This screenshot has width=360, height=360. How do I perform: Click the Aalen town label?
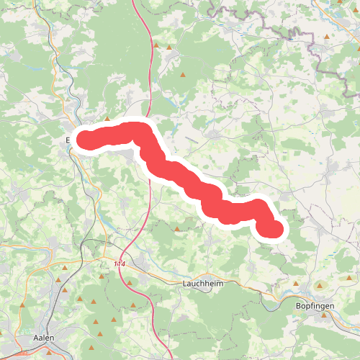(44, 337)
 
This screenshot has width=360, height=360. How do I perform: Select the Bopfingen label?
(315, 305)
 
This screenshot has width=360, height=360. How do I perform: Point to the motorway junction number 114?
(119, 265)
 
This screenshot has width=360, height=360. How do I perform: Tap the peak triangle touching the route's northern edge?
(107, 120)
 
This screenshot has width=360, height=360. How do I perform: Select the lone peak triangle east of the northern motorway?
(184, 74)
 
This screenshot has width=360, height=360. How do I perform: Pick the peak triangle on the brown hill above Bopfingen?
(321, 286)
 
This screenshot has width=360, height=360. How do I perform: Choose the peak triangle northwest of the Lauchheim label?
(177, 230)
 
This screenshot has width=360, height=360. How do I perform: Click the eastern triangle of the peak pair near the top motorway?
(169, 48)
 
